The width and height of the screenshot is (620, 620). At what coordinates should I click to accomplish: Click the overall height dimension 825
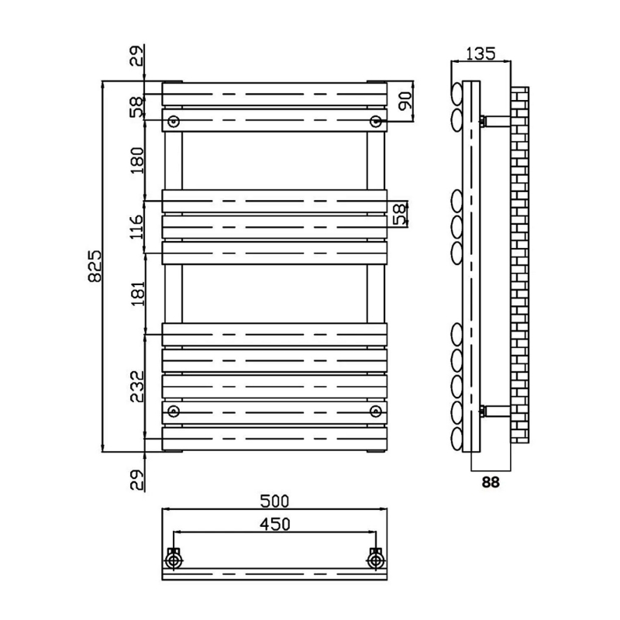tap(92, 267)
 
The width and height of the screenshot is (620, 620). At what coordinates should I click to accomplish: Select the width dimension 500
tap(274, 500)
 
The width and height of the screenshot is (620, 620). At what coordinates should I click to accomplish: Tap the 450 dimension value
tap(274, 524)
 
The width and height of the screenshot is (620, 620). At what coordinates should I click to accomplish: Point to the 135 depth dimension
tap(480, 53)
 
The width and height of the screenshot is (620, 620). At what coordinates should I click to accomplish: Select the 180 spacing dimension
tap(137, 160)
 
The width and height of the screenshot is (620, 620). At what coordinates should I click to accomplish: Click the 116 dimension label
tap(137, 229)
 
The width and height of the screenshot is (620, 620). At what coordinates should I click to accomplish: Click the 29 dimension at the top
tap(137, 57)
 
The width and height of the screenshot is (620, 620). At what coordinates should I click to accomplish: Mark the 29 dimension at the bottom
tap(137, 480)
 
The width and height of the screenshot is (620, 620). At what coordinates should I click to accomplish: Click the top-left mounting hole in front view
tap(174, 121)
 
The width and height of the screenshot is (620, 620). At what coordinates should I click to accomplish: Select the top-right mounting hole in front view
tap(376, 121)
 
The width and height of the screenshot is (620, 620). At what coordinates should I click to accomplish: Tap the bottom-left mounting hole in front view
tap(174, 410)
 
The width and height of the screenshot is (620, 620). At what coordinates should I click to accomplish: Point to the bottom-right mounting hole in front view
tap(376, 410)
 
